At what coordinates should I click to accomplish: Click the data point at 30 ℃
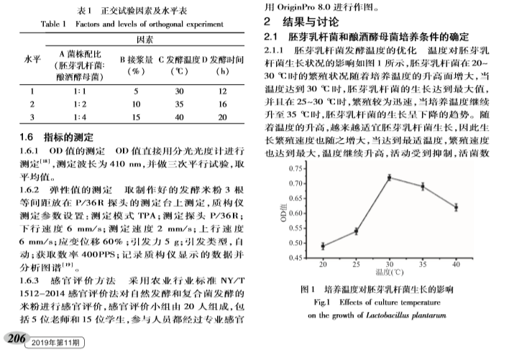click(389, 177)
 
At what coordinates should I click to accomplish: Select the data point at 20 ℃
click(323, 246)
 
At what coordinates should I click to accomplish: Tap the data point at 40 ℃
click(455, 207)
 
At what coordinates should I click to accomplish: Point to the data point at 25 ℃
click(356, 231)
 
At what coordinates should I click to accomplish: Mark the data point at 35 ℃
click(423, 186)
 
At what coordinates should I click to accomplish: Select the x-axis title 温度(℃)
click(388, 273)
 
